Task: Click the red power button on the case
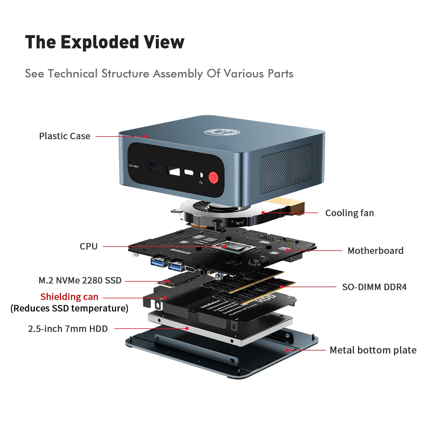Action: pos(213,178)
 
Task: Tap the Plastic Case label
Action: pos(65,136)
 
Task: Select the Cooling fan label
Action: pos(349,213)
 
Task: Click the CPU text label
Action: pos(88,246)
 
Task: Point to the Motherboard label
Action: pos(375,251)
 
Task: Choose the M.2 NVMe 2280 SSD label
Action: pos(80,280)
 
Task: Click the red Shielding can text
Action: pos(69,297)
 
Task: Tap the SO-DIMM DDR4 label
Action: pos(374,287)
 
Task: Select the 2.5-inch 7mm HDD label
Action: pos(68,329)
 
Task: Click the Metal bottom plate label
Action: pos(373,350)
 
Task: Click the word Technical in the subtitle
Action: pos(73,74)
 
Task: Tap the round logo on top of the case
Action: pos(222,132)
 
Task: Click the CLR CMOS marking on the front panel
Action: pos(133,166)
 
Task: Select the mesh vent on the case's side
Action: pos(287,168)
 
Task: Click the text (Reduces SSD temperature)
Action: pos(69,308)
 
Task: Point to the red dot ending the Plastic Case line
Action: pos(146,136)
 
